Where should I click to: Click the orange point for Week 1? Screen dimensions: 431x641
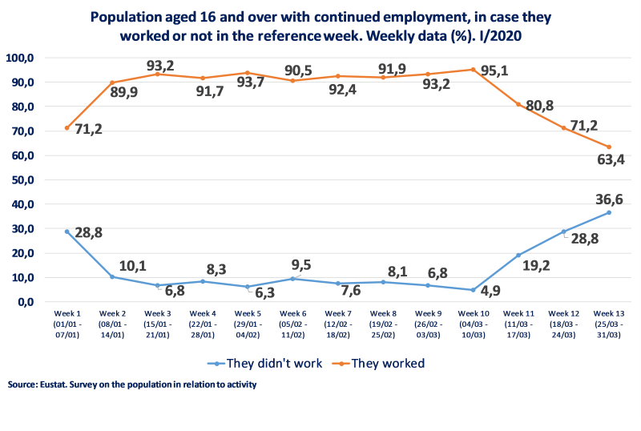tap(67, 127)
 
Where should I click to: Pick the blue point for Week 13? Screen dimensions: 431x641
tap(609, 212)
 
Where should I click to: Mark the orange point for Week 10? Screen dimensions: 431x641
tap(474, 70)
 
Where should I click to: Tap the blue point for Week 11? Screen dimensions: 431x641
tap(518, 255)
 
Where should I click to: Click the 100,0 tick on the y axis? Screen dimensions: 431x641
tap(20, 58)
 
